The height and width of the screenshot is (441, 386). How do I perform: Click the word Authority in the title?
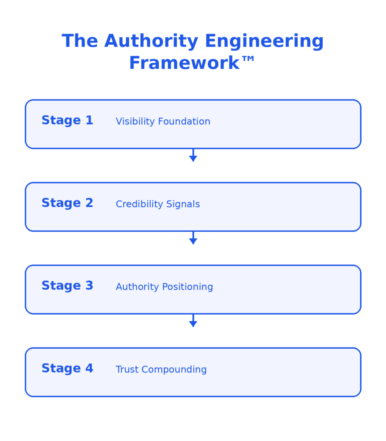[x=151, y=42]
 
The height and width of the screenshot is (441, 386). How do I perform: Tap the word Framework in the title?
[x=184, y=63]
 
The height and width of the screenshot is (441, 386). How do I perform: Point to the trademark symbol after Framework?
[x=249, y=60]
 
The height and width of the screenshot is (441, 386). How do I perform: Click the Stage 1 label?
[x=67, y=121]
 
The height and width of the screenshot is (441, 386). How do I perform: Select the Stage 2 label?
[x=67, y=203]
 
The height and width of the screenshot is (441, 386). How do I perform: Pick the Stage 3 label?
[x=67, y=286]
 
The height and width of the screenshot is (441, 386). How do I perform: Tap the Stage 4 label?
[x=67, y=369]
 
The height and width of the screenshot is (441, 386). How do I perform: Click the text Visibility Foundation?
[x=163, y=121]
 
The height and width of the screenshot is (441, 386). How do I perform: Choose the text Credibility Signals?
[x=158, y=204]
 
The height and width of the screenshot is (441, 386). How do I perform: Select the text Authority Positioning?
[x=164, y=287]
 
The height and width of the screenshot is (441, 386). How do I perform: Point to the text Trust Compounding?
[x=161, y=370]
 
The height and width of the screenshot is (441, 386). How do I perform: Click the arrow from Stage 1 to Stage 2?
[x=193, y=155]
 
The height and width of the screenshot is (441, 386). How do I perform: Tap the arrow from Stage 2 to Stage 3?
[x=193, y=238]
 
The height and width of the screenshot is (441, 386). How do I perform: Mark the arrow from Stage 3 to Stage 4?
[x=193, y=321]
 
